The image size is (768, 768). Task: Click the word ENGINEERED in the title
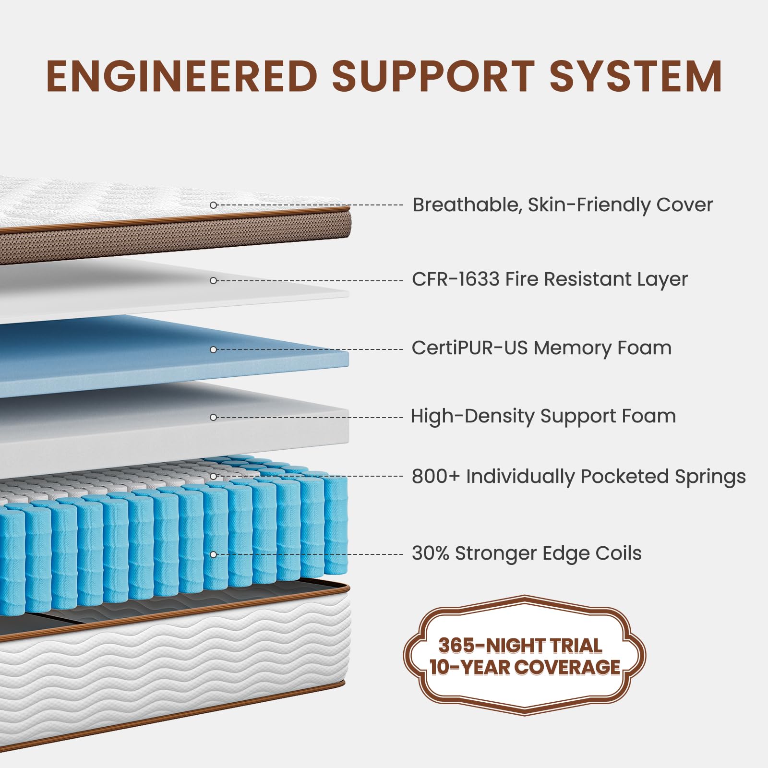coord(182,76)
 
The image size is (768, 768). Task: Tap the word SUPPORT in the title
coord(433,76)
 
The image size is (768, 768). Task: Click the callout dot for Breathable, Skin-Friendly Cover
coord(214,205)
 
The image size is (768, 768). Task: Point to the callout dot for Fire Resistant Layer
coord(214,280)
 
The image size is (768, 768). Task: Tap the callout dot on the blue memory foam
coord(214,349)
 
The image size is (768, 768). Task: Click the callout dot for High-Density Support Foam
coord(214,417)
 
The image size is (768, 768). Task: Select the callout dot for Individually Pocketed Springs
coord(214,476)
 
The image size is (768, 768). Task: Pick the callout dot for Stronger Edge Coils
coord(214,554)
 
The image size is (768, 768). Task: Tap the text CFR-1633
coord(456,279)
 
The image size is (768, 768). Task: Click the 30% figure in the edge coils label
coord(431,553)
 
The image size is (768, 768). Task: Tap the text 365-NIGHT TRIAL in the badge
coord(520,646)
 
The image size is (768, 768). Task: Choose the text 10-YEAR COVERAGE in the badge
coord(525,667)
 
